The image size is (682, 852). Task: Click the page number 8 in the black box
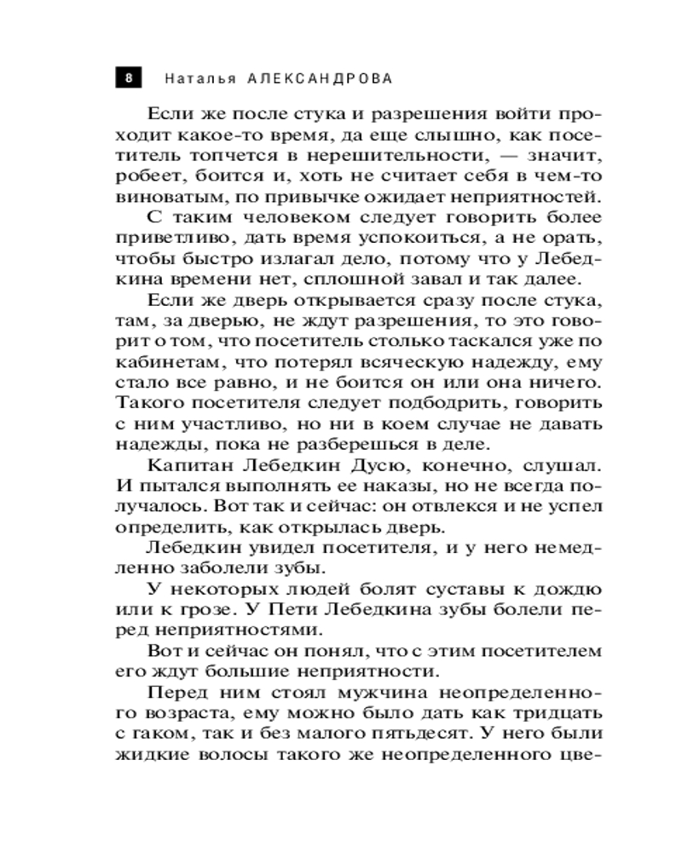coord(128,78)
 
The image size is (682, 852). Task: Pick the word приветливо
coord(165,239)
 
